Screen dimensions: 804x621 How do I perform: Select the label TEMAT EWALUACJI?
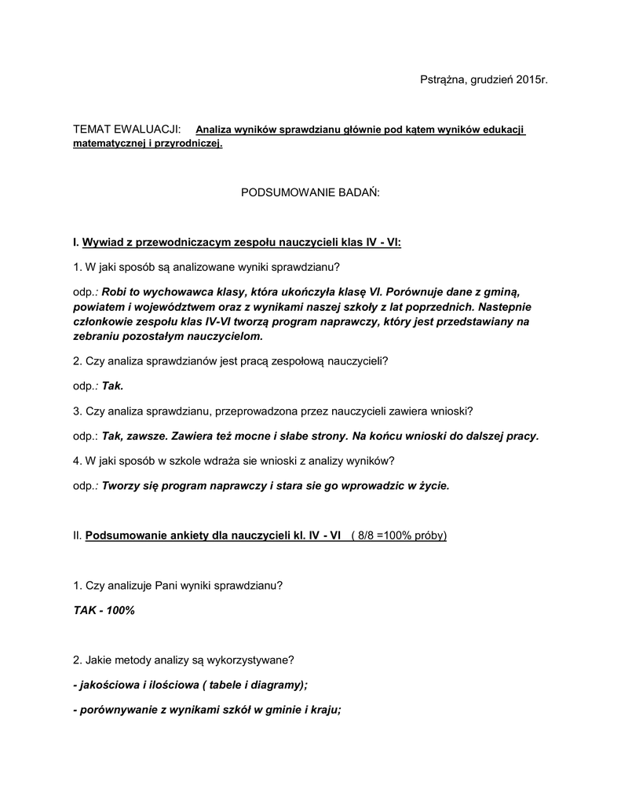coord(126,129)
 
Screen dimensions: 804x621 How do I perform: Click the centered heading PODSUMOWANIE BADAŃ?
coord(309,192)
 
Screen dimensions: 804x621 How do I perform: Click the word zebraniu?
coord(96,336)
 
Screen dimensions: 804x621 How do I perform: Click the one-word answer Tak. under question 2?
coord(113,386)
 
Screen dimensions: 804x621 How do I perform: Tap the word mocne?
coord(259,436)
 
